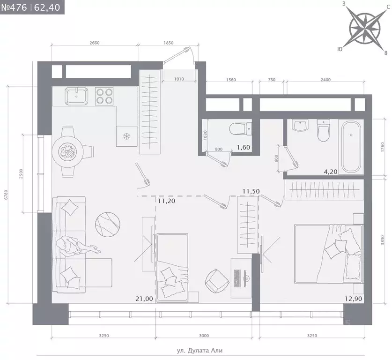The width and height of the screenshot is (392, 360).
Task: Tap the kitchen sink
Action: (x=76, y=96)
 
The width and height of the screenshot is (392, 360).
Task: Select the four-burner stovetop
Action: (x=104, y=96)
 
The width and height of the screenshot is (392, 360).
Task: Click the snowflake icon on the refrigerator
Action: (x=127, y=136)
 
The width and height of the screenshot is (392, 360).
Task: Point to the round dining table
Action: (x=67, y=152)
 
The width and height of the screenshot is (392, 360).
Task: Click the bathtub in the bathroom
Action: (x=351, y=147)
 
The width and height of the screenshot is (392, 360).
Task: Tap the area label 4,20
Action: (x=331, y=172)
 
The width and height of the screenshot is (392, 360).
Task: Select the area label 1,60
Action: (x=244, y=147)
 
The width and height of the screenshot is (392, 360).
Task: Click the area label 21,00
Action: (x=144, y=299)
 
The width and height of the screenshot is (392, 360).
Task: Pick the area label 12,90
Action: (x=354, y=299)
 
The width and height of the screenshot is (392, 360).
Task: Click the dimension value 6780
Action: (x=6, y=195)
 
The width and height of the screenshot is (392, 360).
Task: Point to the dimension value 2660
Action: (x=95, y=43)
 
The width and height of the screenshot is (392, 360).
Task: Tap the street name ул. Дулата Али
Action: (x=200, y=351)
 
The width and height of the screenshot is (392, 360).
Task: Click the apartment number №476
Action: (x=14, y=7)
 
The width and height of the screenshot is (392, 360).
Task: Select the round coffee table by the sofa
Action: (x=108, y=224)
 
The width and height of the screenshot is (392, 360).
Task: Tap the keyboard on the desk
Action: (x=237, y=278)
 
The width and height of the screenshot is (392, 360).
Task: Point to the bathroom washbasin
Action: (x=300, y=125)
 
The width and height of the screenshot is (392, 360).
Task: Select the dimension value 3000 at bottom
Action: (x=204, y=336)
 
